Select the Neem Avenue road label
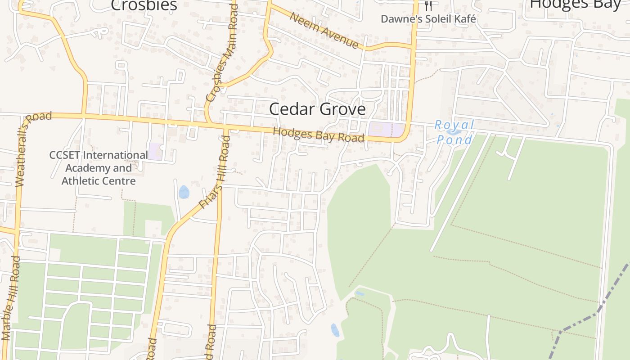point(324,31)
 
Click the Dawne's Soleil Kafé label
point(428,19)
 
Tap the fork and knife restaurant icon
point(428,5)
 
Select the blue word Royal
point(454,125)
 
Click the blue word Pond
point(454,139)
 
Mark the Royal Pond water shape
point(454,132)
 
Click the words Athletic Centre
point(98,181)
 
